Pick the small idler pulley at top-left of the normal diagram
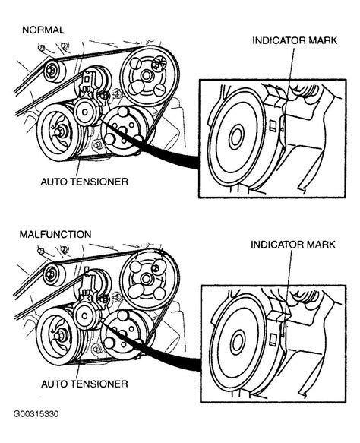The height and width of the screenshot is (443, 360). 52,73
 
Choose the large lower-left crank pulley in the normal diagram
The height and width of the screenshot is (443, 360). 58,132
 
